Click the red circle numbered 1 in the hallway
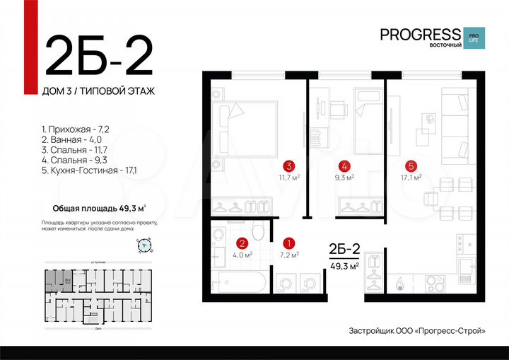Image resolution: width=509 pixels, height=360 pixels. (x=288, y=242)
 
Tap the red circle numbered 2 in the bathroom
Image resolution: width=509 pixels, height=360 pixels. (x=241, y=242)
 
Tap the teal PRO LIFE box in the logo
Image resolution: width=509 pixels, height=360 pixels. (x=472, y=37)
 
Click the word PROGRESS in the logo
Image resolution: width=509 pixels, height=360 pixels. (x=420, y=34)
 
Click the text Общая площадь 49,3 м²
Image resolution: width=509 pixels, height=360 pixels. (x=100, y=208)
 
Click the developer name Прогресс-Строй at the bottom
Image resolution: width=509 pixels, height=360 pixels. (x=450, y=331)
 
